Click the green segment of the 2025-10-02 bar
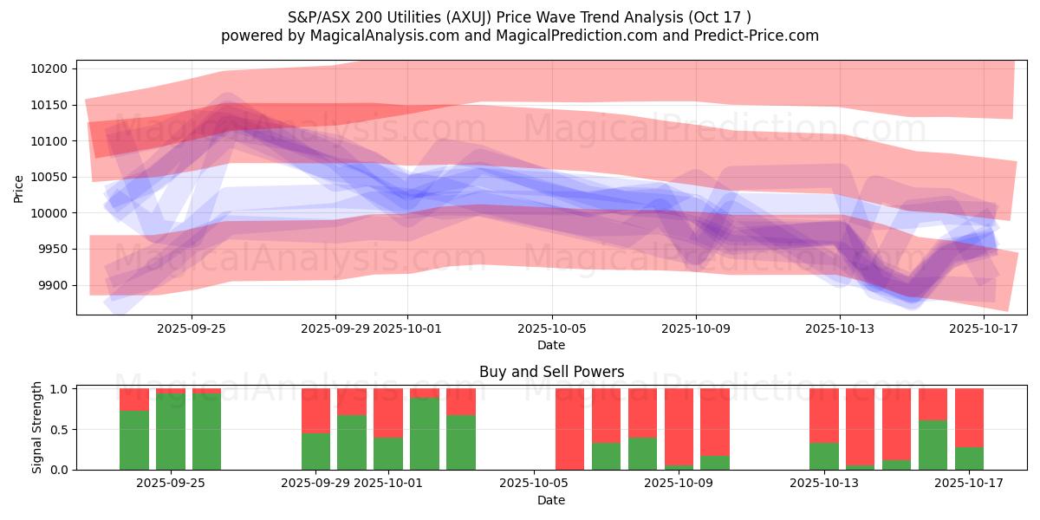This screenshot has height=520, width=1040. pyautogui.click(x=425, y=433)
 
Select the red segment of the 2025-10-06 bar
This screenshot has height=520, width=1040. pyautogui.click(x=569, y=428)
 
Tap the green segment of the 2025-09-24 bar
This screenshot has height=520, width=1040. pyautogui.click(x=134, y=440)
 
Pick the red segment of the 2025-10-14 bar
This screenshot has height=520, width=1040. pyautogui.click(x=860, y=426)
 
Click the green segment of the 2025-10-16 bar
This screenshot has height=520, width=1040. pyautogui.click(x=933, y=445)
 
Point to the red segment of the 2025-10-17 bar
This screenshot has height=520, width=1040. pyautogui.click(x=969, y=418)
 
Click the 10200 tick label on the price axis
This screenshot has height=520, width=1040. pyautogui.click(x=53, y=68)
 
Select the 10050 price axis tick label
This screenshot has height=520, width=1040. pyautogui.click(x=53, y=177)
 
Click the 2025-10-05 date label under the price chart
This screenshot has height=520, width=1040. pyautogui.click(x=551, y=328)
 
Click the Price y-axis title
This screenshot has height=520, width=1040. pyautogui.click(x=19, y=188)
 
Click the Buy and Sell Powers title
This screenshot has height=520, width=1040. pyautogui.click(x=551, y=372)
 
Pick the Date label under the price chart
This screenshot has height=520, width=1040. pyautogui.click(x=551, y=345)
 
